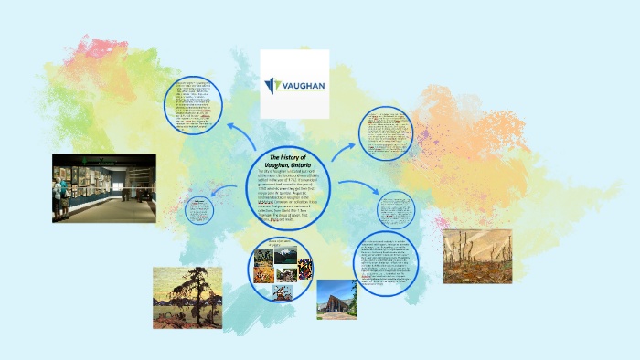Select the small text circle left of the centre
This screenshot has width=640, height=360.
pyautogui.click(x=199, y=210)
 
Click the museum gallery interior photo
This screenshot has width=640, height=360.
pyautogui.click(x=103, y=187)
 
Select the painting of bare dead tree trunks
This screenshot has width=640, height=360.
pyautogui.click(x=476, y=256)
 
